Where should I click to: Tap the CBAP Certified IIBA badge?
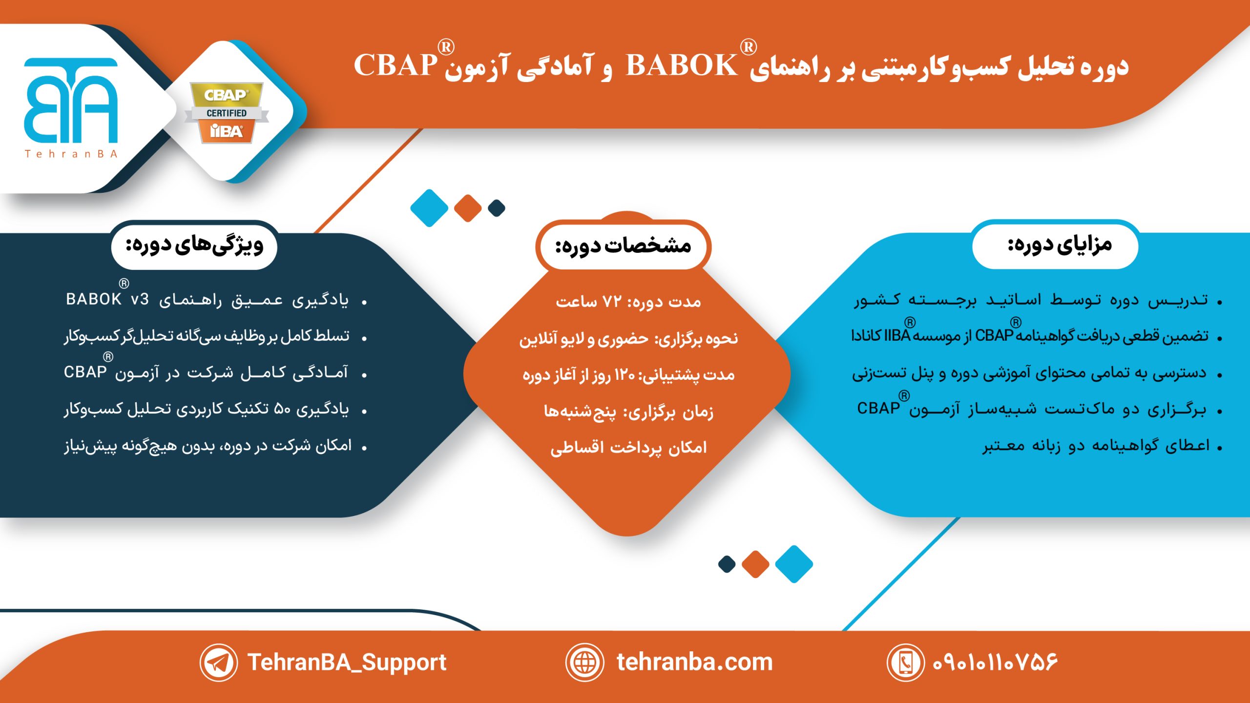[x=227, y=113]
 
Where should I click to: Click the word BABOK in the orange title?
[x=682, y=65]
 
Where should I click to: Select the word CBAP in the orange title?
[x=396, y=65]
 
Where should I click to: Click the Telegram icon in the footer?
[x=218, y=662]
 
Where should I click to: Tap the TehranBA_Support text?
[x=347, y=662]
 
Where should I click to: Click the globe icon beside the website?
[x=584, y=662]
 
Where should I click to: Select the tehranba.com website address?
[x=694, y=662]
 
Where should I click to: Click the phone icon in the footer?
[x=906, y=662]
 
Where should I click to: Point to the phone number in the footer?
[x=995, y=662]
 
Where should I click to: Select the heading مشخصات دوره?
[x=623, y=246]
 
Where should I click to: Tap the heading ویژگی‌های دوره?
[x=194, y=246]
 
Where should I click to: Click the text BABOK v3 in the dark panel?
[x=107, y=299]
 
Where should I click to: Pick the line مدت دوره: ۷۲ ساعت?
[x=628, y=302]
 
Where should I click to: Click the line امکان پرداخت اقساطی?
[x=628, y=448]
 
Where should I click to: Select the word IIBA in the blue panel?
[x=897, y=336]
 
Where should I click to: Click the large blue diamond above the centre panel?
[x=429, y=208]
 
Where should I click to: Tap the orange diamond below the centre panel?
[x=755, y=564]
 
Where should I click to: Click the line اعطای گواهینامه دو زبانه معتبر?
[x=1096, y=446]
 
